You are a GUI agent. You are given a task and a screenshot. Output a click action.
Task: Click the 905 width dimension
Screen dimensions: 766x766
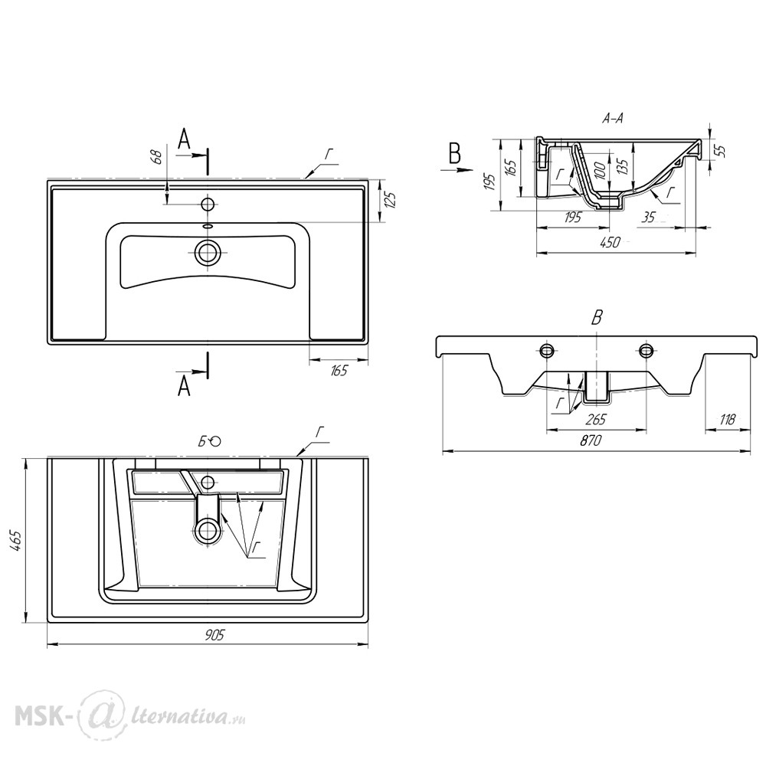pyautogui.click(x=214, y=635)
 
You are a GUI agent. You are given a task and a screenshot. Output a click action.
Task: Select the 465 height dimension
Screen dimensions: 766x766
pyautogui.click(x=15, y=542)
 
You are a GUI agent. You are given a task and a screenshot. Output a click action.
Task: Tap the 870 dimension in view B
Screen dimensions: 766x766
pyautogui.click(x=591, y=440)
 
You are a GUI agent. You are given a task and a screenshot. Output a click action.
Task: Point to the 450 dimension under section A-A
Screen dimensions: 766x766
pyautogui.click(x=611, y=242)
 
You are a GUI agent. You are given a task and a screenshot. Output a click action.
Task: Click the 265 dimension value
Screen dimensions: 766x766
pyautogui.click(x=595, y=419)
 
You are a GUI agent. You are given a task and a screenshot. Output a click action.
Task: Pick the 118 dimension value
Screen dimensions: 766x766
pyautogui.click(x=728, y=419)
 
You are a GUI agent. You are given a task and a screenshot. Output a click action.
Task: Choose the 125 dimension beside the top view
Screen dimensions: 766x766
pyautogui.click(x=391, y=201)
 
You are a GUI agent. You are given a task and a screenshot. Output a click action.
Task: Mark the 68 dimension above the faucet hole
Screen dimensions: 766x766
pyautogui.click(x=156, y=157)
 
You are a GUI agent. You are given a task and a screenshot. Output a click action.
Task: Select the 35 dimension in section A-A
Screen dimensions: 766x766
pyautogui.click(x=648, y=217)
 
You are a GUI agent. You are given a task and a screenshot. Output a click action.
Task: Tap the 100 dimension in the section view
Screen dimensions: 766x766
pyautogui.click(x=601, y=171)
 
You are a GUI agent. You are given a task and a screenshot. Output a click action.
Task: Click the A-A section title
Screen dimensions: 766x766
pyautogui.click(x=613, y=118)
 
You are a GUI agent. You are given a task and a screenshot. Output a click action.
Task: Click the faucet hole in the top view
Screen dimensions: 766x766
pyautogui.click(x=208, y=204)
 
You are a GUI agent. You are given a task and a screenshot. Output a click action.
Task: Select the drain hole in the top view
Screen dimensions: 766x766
pyautogui.click(x=208, y=253)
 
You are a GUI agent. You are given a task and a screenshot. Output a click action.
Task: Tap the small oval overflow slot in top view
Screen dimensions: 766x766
pyautogui.click(x=208, y=226)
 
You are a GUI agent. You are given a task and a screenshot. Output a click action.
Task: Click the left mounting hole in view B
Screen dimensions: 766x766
pyautogui.click(x=547, y=349)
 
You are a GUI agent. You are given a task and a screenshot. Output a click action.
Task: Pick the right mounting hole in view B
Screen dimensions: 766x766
pyautogui.click(x=647, y=349)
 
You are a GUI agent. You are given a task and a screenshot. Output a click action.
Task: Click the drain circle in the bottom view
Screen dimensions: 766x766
pyautogui.click(x=208, y=530)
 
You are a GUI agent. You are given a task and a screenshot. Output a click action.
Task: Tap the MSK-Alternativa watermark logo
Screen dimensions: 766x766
pyautogui.click(x=130, y=719)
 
